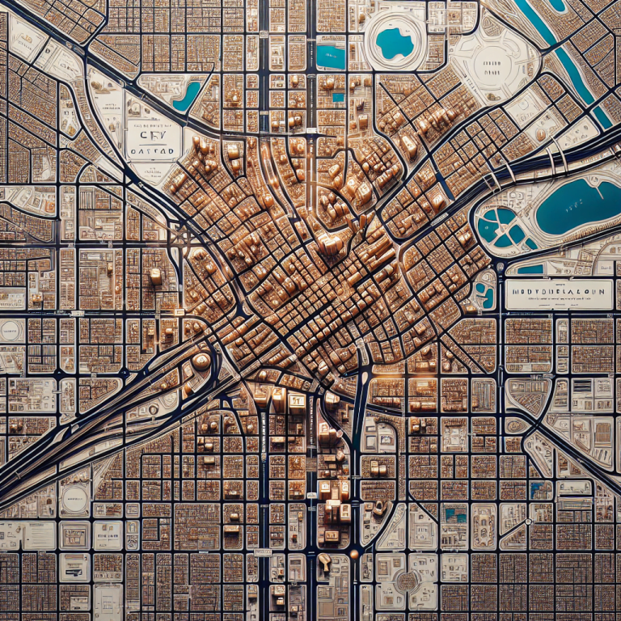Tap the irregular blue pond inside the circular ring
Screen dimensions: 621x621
click(x=395, y=42)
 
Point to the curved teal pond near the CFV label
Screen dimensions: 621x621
click(x=188, y=95)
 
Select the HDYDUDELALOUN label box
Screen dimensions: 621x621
click(x=558, y=294)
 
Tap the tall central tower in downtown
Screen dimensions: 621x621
click(x=330, y=243)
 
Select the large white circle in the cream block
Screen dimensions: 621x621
click(x=74, y=498)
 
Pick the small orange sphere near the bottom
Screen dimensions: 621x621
click(x=353, y=555)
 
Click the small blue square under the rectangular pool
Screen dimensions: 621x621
click(x=337, y=97)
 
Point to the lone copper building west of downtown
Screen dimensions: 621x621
click(x=155, y=276)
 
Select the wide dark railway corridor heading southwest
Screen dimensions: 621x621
click(x=97, y=437)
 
